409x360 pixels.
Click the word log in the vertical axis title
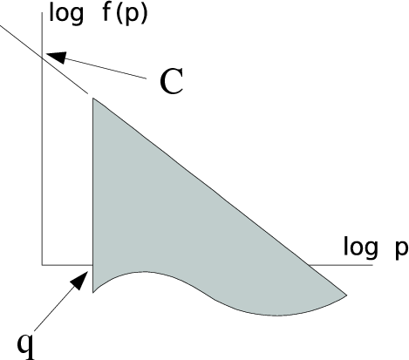[x=66, y=14]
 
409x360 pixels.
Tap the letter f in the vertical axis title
[x=107, y=12]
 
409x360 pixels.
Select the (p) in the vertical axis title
[x=132, y=15]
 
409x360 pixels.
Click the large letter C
[x=172, y=81]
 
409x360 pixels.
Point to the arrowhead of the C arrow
[x=56, y=57]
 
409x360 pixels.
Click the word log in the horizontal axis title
[x=360, y=248]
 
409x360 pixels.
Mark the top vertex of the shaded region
[x=93, y=98]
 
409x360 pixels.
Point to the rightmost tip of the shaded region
[x=347, y=295]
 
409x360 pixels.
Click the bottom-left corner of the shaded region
[x=93, y=293]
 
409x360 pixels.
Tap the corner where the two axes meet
[x=43, y=265]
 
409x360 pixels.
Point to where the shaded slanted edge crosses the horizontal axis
[x=308, y=265]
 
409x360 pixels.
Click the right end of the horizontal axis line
[x=372, y=265]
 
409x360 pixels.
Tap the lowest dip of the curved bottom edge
[x=276, y=316]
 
